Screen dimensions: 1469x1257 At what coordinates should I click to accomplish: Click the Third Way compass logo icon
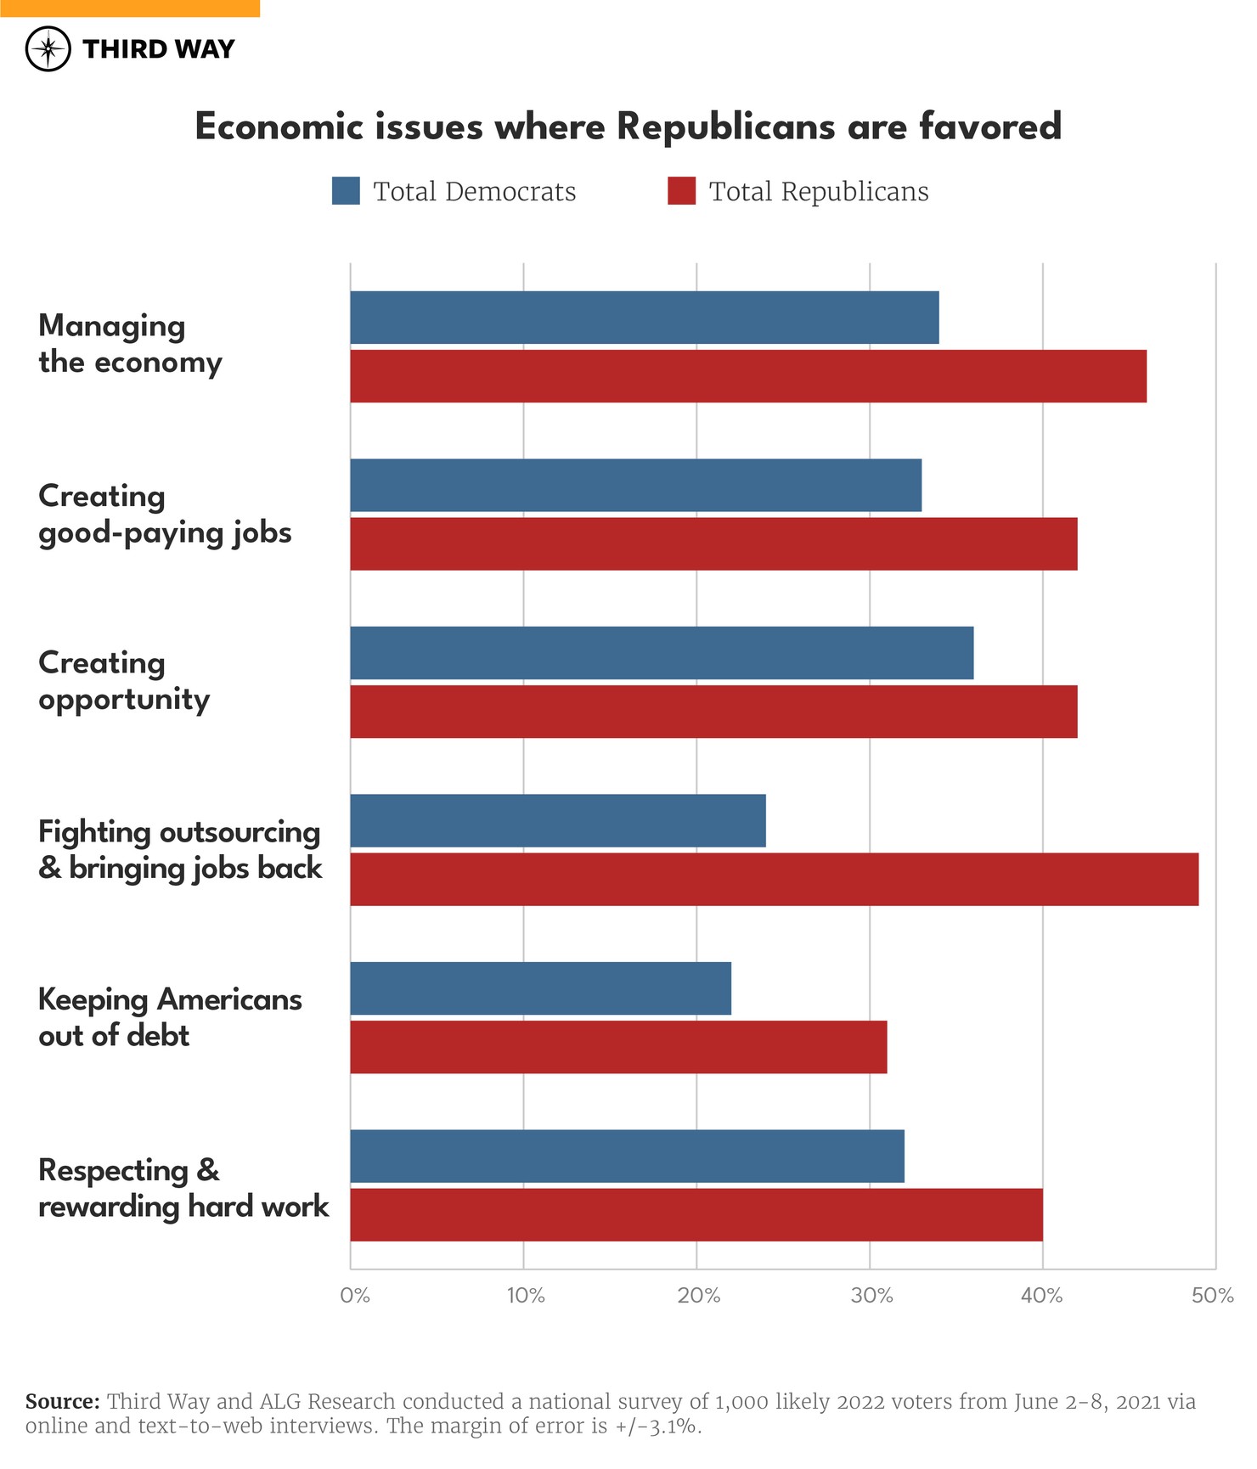click(x=48, y=48)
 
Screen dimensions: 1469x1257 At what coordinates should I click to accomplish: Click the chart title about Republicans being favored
click(x=628, y=127)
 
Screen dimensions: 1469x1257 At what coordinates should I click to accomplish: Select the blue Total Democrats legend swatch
click(x=346, y=191)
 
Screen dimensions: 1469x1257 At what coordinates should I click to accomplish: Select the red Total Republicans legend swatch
click(x=681, y=191)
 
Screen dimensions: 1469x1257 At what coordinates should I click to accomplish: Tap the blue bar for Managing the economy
click(x=644, y=318)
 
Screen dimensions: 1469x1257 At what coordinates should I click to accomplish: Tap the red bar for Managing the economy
click(x=747, y=376)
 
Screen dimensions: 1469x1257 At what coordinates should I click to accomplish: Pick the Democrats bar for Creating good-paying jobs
click(x=635, y=485)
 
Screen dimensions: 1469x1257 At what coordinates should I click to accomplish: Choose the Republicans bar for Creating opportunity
click(x=713, y=712)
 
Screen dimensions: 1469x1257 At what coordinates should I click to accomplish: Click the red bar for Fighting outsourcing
click(x=774, y=879)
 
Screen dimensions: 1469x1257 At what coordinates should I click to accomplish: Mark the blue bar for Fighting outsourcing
click(x=557, y=820)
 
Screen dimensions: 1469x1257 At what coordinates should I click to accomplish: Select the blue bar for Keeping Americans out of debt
click(x=540, y=988)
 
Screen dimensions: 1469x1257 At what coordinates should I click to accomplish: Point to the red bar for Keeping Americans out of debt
click(x=618, y=1047)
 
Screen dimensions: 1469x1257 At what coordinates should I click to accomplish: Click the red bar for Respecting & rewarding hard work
click(x=696, y=1214)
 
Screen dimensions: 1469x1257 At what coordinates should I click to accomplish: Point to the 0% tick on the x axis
click(x=355, y=1296)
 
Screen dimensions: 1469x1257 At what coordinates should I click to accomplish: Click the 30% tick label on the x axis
click(x=872, y=1296)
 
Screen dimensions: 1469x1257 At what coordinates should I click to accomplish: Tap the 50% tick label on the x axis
click(x=1213, y=1296)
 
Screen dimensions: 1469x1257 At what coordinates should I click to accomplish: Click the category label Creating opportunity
click(x=124, y=681)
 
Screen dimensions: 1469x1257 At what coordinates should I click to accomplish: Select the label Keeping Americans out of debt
click(x=170, y=1017)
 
